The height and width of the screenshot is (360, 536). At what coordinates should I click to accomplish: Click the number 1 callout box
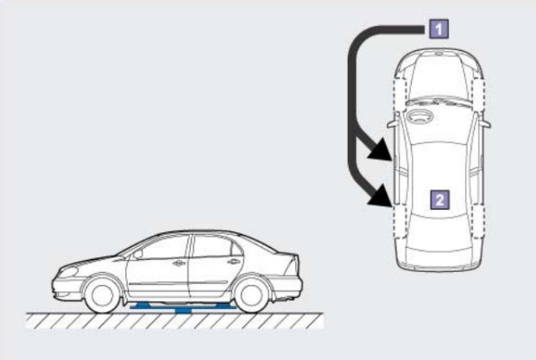[x=438, y=28]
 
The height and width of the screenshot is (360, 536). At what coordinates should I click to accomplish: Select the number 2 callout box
[x=439, y=199]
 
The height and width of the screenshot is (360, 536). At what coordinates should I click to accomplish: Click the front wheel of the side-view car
[x=103, y=295]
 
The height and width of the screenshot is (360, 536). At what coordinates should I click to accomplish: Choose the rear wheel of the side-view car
[x=251, y=295]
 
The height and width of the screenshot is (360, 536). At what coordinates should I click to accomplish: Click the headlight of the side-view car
[x=68, y=272]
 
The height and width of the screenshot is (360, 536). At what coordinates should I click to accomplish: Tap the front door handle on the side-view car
[x=179, y=263]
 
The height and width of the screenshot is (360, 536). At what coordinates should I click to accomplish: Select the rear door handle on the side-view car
[x=234, y=262]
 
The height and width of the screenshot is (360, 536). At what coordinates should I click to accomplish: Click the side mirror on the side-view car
[x=138, y=254]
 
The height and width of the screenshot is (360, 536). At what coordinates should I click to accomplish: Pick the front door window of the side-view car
[x=163, y=248]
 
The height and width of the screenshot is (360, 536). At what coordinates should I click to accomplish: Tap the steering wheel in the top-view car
[x=419, y=117]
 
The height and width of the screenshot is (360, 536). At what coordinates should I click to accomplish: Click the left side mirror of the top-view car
[x=393, y=123]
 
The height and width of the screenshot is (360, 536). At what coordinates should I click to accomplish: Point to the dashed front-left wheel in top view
[x=400, y=94]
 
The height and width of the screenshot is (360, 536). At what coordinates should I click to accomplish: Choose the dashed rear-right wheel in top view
[x=478, y=222]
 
